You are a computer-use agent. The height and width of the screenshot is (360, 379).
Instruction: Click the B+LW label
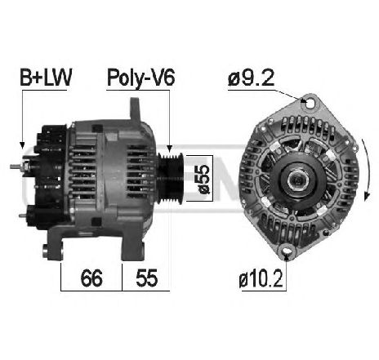(45, 78)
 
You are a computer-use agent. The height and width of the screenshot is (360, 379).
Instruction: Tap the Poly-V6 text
(140, 78)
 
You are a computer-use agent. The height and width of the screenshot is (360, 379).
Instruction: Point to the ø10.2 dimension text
(261, 281)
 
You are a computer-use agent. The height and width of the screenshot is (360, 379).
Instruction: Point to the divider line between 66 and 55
(122, 278)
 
